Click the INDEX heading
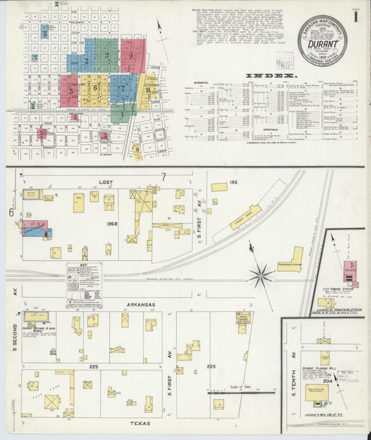[270, 74]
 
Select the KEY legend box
[84, 285]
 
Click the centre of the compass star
[260, 275]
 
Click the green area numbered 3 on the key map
[106, 56]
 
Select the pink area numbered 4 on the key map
[133, 56]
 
